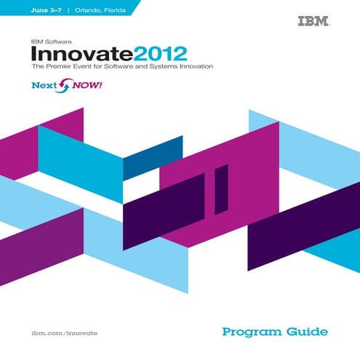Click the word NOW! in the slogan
(84, 86)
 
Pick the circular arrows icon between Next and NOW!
(63, 87)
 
